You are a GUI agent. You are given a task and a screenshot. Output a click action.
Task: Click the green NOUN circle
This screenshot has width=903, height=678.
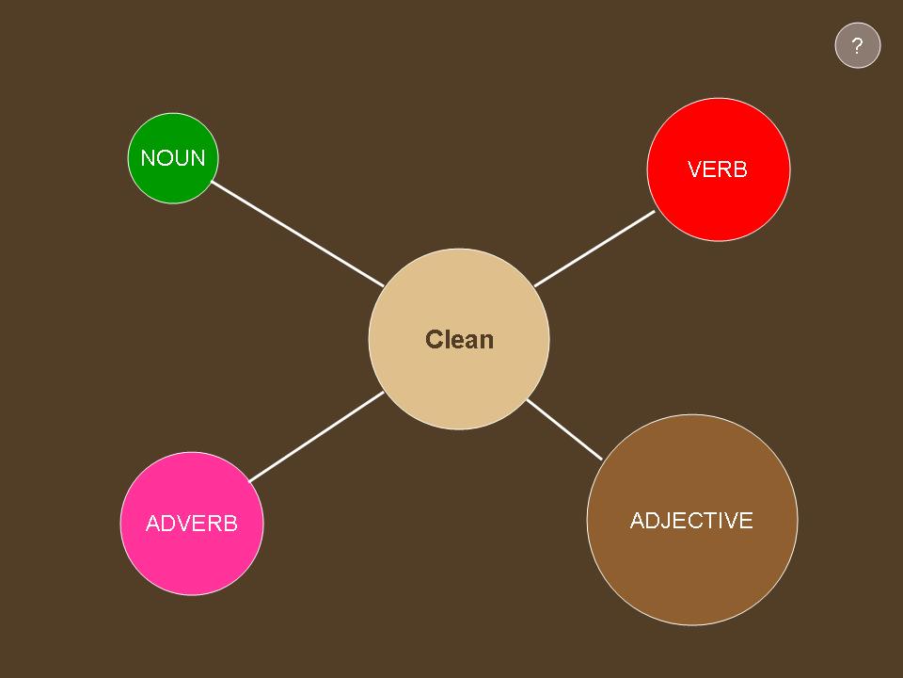[173, 158]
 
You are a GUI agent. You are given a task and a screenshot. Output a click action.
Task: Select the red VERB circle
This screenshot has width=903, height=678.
[719, 169]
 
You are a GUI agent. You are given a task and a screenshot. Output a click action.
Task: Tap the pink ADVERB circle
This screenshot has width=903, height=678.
[192, 524]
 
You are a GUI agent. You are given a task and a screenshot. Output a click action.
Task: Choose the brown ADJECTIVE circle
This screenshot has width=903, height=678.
[692, 520]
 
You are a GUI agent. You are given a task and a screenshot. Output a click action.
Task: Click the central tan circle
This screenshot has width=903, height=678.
[459, 339]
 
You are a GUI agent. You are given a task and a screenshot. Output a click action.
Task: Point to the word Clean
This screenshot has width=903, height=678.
[460, 340]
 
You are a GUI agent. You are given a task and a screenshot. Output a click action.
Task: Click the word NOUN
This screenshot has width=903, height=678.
[173, 158]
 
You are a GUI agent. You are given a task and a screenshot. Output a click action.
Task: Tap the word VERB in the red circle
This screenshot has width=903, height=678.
[718, 169]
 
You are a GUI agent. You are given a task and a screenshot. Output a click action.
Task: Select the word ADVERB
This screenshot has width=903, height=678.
[192, 524]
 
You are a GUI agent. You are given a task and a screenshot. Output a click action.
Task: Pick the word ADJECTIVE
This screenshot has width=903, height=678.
[691, 521]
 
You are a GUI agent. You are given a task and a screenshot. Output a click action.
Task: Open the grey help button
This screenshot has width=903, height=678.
[858, 45]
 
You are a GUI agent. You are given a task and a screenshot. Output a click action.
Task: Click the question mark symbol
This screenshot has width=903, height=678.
[858, 45]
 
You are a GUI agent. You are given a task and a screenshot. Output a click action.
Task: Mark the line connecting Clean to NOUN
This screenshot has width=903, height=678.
[298, 234]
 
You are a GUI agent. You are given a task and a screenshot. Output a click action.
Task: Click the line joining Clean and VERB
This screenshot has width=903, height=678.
[594, 249]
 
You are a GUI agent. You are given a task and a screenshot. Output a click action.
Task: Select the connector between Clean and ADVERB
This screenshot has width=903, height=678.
[316, 437]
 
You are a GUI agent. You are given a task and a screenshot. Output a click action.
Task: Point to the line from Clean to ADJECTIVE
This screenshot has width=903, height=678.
[564, 429]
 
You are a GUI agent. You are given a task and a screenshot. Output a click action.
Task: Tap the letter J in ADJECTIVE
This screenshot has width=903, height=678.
[668, 521]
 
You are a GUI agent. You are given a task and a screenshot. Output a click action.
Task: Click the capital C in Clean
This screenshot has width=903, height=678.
[434, 340]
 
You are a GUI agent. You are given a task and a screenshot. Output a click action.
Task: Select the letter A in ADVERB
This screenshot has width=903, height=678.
[153, 524]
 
